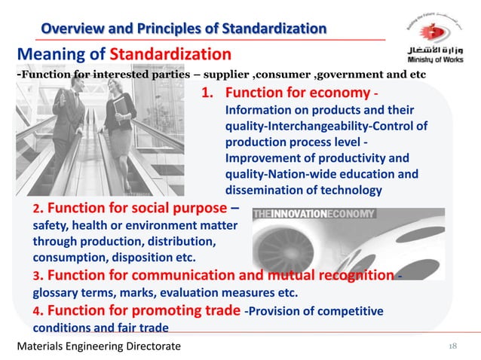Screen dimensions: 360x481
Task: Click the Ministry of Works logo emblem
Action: [432, 30]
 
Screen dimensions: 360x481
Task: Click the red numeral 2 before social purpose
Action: [38, 209]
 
